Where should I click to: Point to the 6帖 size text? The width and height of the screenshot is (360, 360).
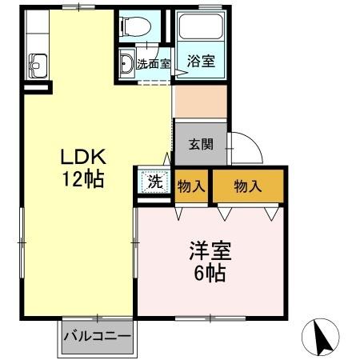click(x=210, y=274)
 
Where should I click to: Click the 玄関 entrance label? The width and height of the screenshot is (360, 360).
click(x=200, y=146)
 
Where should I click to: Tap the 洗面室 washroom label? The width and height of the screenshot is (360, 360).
click(x=153, y=64)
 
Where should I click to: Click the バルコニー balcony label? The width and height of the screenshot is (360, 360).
click(x=97, y=336)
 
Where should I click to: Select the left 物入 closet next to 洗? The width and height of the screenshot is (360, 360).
click(x=191, y=186)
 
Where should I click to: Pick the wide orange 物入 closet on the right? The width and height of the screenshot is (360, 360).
click(x=247, y=186)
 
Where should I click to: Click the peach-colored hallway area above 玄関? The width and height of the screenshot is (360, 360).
click(x=200, y=101)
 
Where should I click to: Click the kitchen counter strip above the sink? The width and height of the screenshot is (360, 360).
click(x=36, y=30)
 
